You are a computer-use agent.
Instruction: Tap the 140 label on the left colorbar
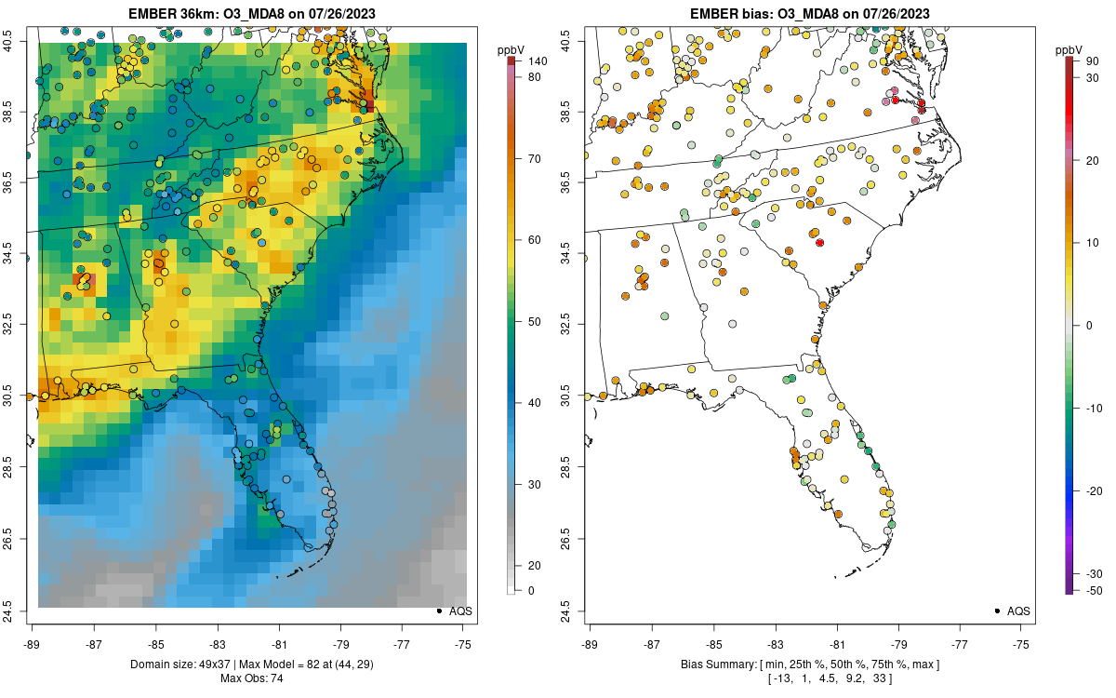pos(536,60)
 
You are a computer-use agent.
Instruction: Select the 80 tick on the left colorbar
pos(536,77)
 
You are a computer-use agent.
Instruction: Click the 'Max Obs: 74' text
pos(252,678)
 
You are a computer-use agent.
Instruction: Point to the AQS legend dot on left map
pos(438,611)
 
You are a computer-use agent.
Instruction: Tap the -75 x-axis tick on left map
pos(463,644)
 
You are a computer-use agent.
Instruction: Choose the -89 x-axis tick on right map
pos(590,644)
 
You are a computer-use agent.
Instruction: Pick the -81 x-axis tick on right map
pos(837,644)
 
